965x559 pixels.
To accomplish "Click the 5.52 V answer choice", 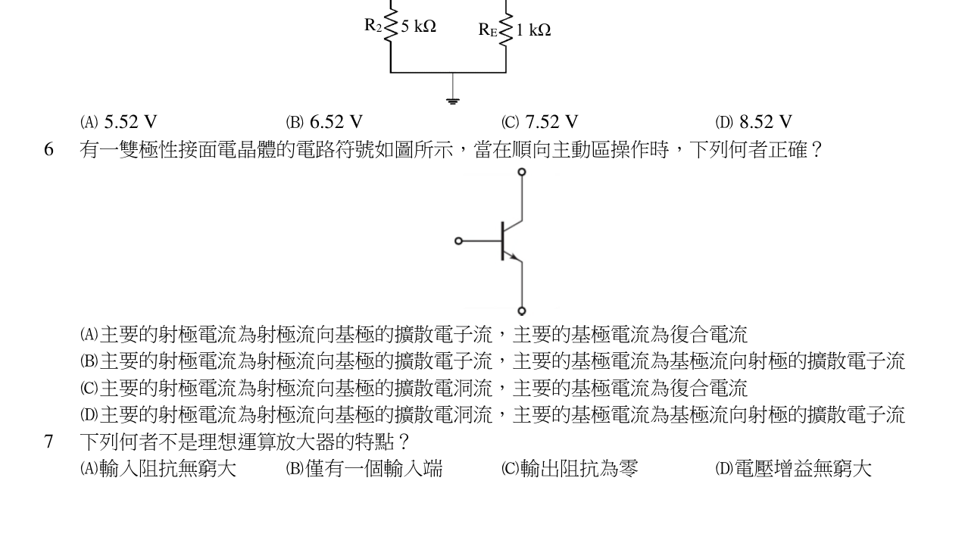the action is (118, 122).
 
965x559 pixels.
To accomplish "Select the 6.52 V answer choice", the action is (324, 122).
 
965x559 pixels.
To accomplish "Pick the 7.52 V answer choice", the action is (540, 122).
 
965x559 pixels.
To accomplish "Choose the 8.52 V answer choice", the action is (754, 122).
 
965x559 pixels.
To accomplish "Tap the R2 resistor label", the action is (373, 26).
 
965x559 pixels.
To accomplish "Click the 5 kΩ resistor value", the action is (418, 27).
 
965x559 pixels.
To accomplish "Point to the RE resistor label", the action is (488, 30).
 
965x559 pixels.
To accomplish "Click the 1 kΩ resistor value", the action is (533, 30).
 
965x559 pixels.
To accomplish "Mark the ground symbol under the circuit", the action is (453, 101).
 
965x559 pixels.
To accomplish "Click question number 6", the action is (48, 149).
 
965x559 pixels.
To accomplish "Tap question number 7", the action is (48, 442).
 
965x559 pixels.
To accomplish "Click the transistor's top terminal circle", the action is (522, 172).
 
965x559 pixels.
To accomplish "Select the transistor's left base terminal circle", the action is (458, 241).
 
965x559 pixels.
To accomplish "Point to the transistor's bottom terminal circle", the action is (522, 311).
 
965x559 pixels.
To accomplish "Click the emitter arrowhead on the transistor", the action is (514, 257).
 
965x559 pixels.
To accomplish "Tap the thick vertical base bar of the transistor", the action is (503, 241).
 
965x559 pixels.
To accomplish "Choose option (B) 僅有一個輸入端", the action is (364, 469).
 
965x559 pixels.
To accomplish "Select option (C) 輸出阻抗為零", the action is (570, 469).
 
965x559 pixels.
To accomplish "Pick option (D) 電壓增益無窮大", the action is (794, 469).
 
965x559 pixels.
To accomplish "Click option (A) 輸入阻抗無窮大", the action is (158, 469).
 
